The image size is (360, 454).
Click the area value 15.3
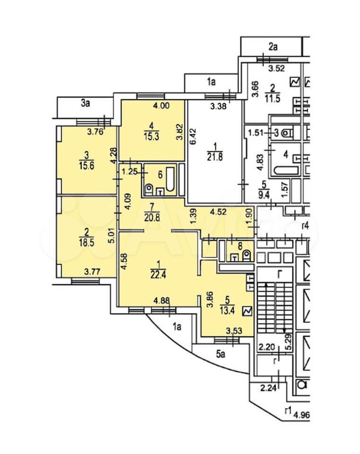pos(151,136)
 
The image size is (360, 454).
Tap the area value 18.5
pos(86,242)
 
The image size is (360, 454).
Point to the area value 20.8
pos(152,217)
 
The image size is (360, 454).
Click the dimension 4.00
pos(161,106)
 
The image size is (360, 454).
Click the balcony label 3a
pos(85,104)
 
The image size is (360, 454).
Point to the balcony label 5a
pos(221,354)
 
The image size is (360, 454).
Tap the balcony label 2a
pos(272,47)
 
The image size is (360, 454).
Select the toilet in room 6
pos(149,189)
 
